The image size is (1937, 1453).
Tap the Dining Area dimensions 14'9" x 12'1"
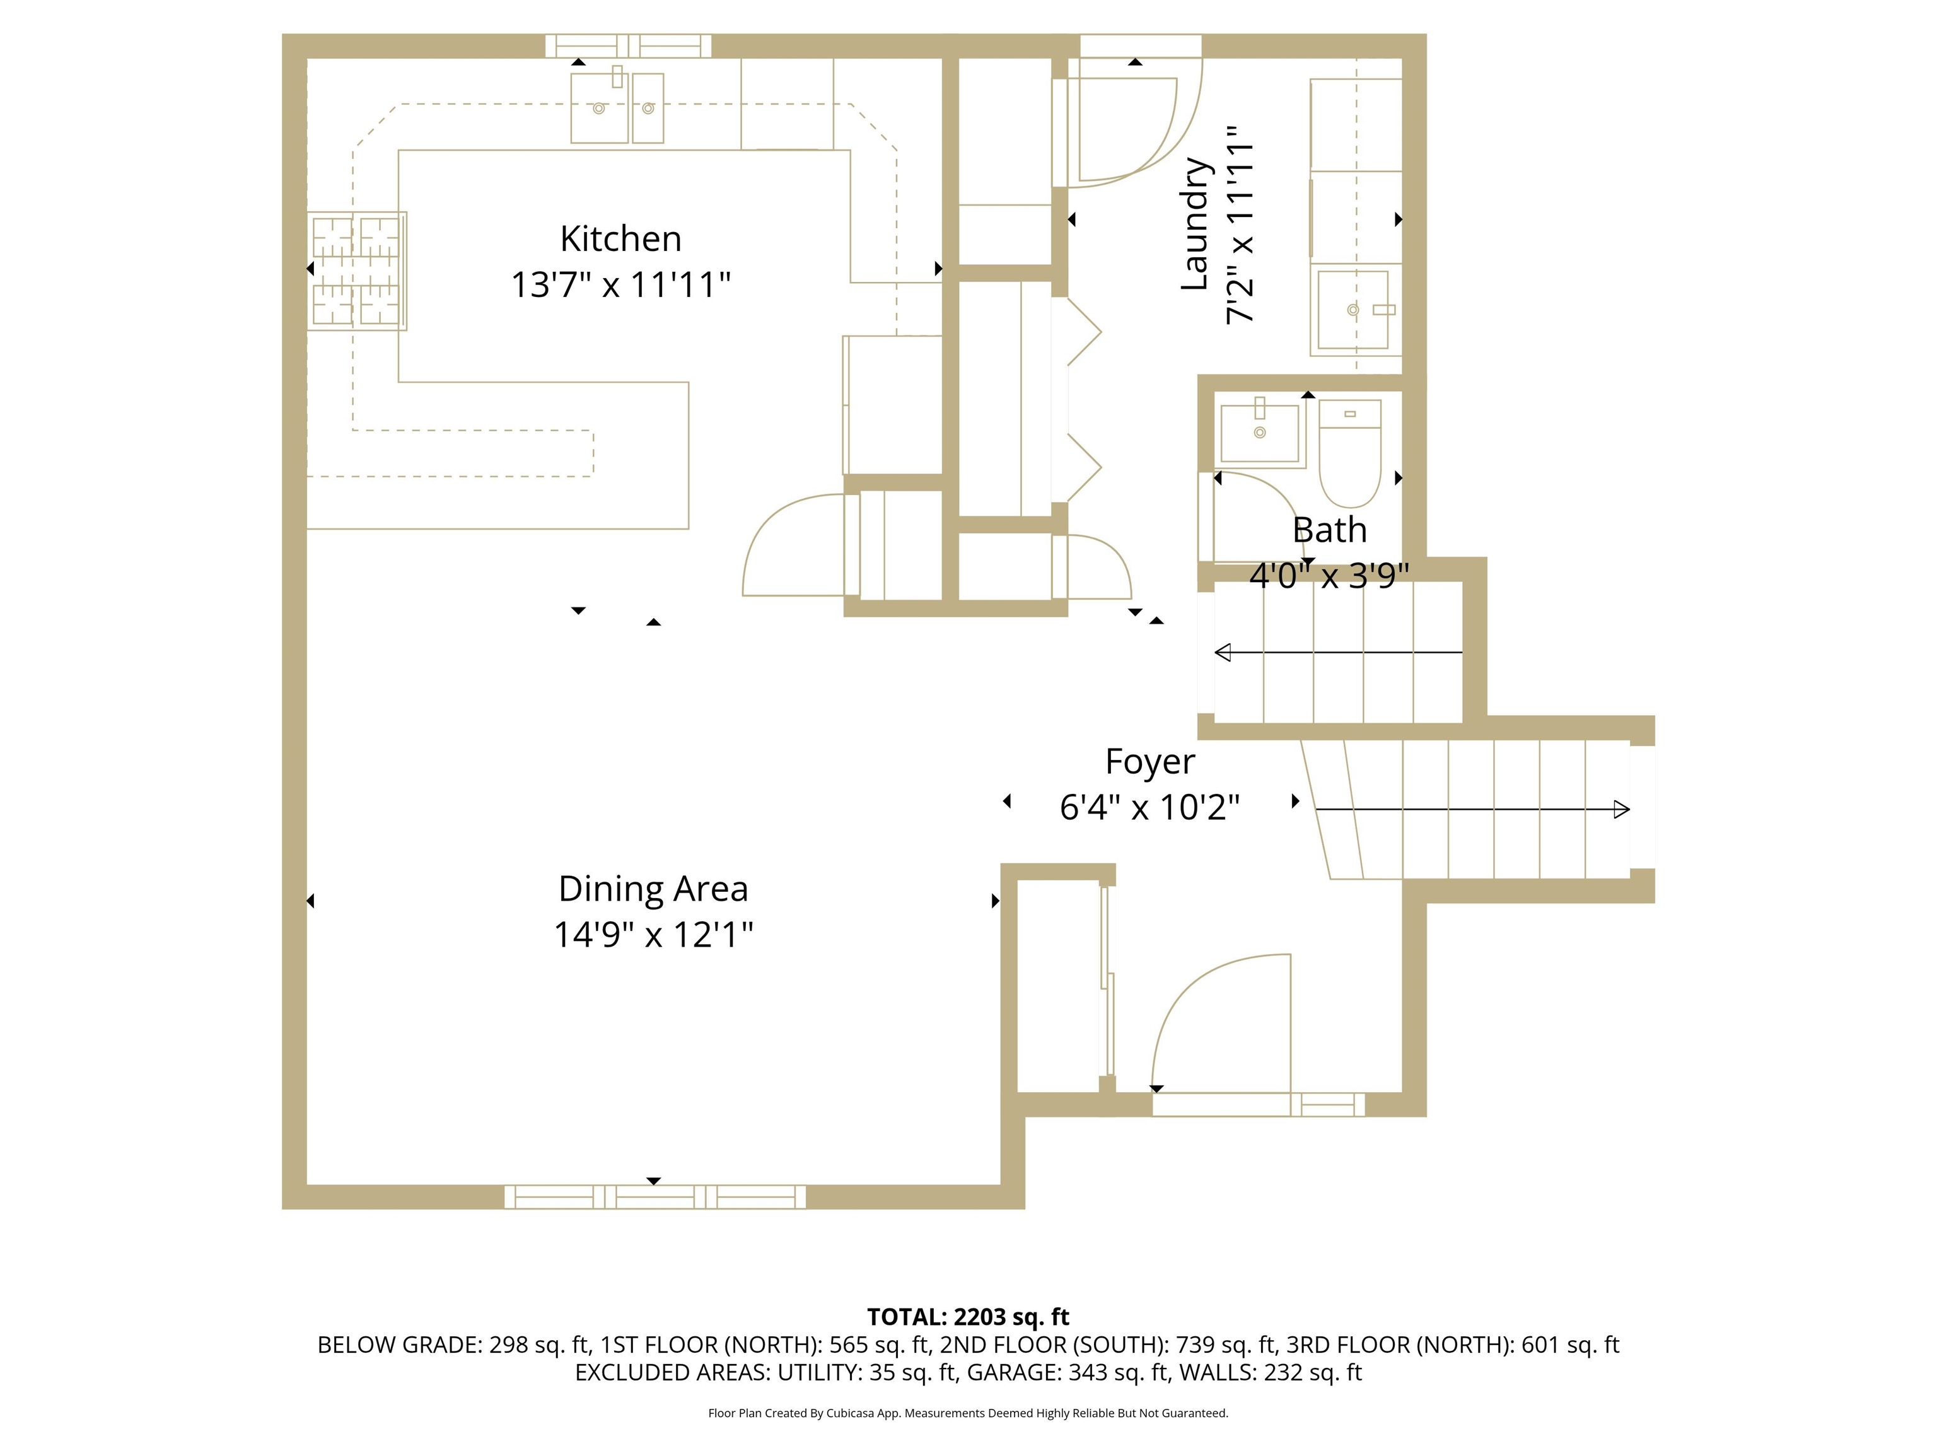653,935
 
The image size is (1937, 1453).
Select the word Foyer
1149,761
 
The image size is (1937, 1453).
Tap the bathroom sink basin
1259,433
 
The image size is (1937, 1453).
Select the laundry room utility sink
1353,309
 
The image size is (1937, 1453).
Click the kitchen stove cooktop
356,271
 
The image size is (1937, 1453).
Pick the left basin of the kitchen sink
599,108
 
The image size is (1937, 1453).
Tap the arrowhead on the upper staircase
1223,653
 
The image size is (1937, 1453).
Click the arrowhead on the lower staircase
1621,809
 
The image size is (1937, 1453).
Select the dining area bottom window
654,1196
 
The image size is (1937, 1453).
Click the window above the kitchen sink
628,45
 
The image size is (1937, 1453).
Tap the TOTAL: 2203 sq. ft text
968,1316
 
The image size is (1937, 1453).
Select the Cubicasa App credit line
968,1413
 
